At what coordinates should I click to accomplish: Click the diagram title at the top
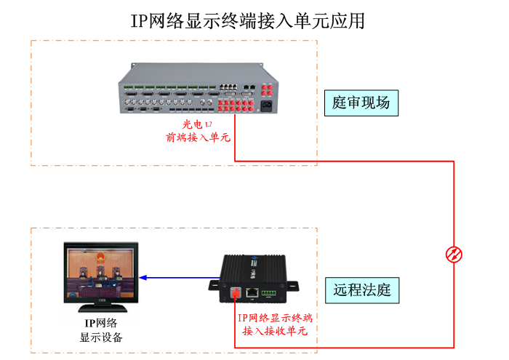point(247,20)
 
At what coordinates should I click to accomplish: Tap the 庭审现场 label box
point(361,103)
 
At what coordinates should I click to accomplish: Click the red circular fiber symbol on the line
point(454,254)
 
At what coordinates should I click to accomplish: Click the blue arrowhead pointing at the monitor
point(144,277)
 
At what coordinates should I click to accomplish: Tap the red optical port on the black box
point(236,293)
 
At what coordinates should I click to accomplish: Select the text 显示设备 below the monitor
point(101,337)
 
